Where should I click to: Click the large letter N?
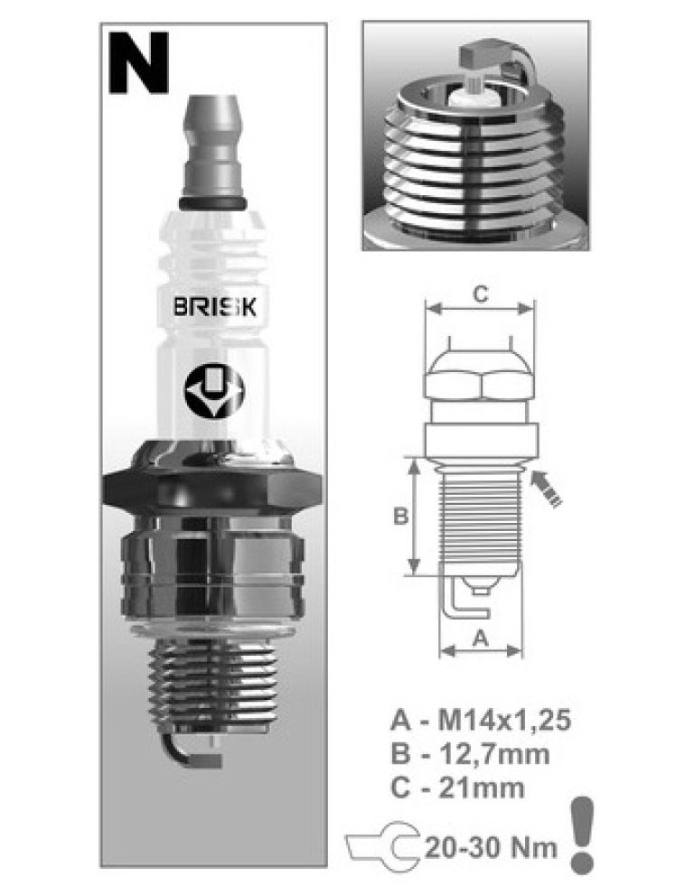[139, 62]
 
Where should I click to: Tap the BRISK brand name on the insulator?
[215, 307]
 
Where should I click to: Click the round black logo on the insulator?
[213, 392]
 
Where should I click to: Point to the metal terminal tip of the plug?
[212, 145]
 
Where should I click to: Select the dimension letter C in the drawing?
[481, 294]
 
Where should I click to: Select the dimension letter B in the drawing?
[401, 516]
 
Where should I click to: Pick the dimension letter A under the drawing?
[481, 637]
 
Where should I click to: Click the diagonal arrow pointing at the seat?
[546, 488]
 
